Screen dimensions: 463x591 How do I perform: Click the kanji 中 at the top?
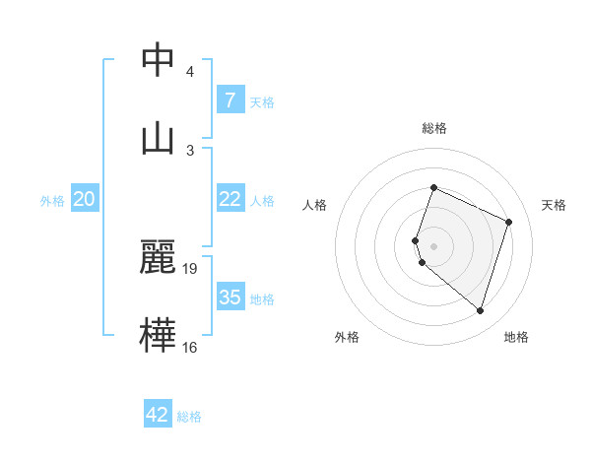click(x=158, y=60)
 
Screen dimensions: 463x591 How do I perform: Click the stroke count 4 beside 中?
click(x=190, y=72)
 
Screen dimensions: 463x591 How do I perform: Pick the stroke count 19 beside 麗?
click(x=191, y=269)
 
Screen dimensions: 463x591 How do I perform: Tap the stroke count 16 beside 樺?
click(x=190, y=346)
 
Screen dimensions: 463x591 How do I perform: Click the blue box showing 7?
click(x=230, y=100)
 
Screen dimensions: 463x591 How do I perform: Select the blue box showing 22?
click(x=230, y=199)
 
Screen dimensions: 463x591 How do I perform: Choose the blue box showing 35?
click(x=230, y=298)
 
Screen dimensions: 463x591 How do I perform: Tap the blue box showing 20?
click(x=84, y=199)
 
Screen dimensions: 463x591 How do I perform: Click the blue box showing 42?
click(x=158, y=415)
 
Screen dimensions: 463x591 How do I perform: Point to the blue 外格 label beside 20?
click(x=52, y=200)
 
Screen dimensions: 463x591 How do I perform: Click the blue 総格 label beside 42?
click(x=189, y=417)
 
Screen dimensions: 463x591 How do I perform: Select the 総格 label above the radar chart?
click(x=434, y=128)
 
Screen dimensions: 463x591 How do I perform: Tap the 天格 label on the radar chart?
click(x=554, y=205)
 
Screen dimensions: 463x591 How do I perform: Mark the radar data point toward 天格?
click(x=509, y=222)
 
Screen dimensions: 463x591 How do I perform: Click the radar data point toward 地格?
click(x=480, y=311)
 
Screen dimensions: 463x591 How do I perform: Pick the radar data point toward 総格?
click(x=433, y=188)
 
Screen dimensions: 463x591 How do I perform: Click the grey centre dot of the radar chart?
click(x=433, y=246)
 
